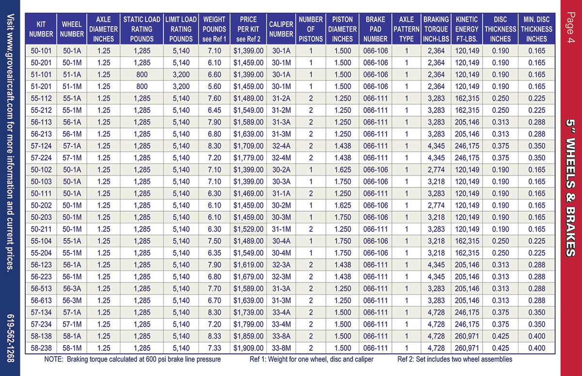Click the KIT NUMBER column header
tap(41, 29)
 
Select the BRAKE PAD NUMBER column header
tap(375, 29)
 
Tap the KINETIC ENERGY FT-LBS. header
tap(467, 29)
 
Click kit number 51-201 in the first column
tap(41, 86)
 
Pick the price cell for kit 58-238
tap(248, 348)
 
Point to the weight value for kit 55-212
tap(214, 110)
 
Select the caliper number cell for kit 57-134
tap(281, 313)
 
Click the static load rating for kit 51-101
tap(142, 75)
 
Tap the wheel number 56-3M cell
tap(72, 300)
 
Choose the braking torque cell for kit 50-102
tap(436, 170)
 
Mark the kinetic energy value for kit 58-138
tap(467, 336)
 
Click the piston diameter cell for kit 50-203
tap(342, 217)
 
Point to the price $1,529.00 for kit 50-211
tap(248, 229)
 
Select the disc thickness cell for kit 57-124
tap(501, 146)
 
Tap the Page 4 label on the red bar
tap(571, 27)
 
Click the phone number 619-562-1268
tap(10, 338)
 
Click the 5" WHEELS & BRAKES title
tap(571, 188)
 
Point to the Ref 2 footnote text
tap(455, 360)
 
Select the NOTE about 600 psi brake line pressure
tap(132, 360)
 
